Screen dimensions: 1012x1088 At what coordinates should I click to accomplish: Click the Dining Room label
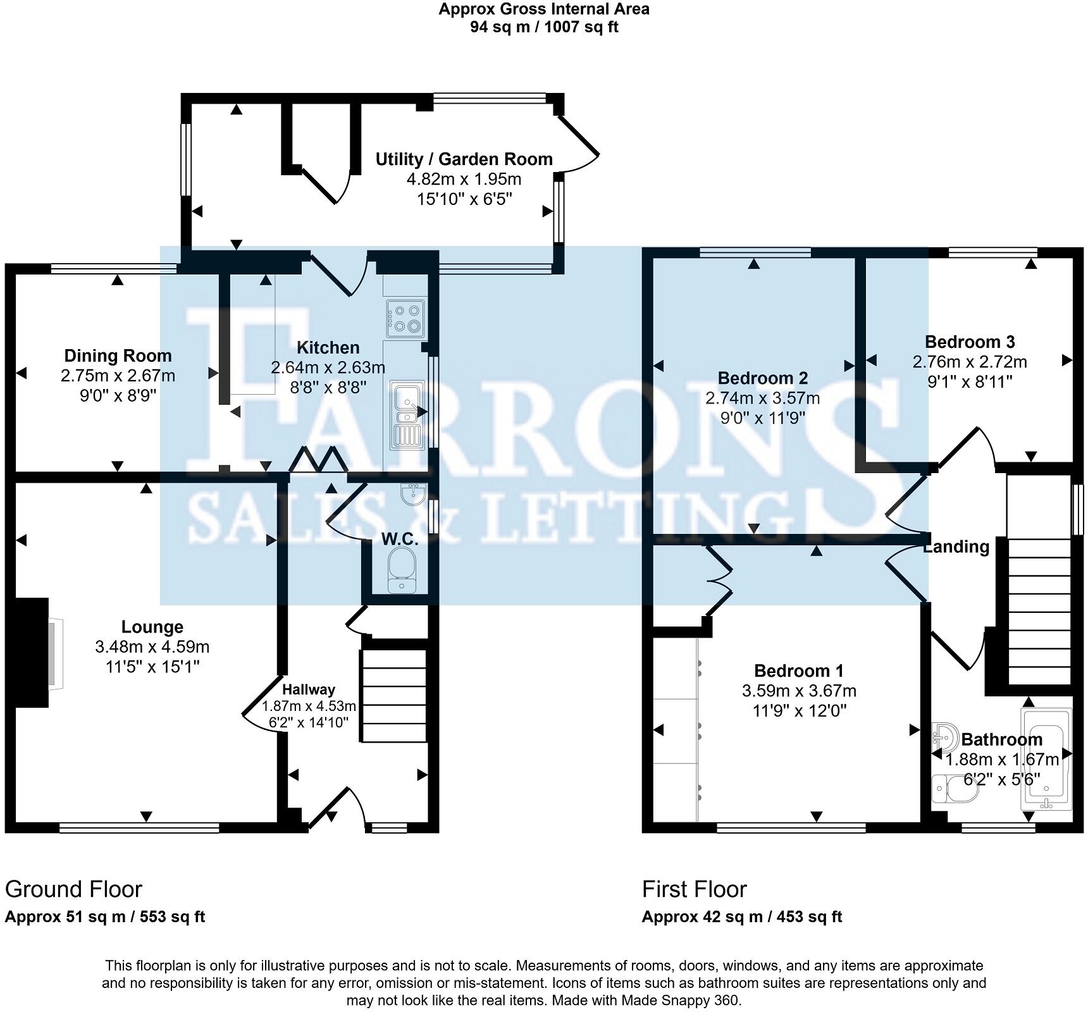coord(118,355)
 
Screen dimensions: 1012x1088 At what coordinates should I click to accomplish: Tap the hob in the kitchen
coord(405,318)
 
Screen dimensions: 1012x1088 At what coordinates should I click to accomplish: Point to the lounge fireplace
coord(32,652)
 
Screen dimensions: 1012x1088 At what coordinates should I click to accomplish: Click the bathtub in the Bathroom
coord(1046,759)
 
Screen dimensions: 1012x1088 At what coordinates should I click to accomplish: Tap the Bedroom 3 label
coord(970,342)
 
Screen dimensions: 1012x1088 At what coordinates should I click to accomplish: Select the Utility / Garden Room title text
coord(464,159)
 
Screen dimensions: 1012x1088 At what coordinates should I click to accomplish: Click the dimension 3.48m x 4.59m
coord(152,647)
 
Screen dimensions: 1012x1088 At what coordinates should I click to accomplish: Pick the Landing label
coord(956,546)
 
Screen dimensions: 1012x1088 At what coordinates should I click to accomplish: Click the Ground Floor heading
coord(73,889)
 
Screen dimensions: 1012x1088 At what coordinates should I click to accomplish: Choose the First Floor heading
coord(694,889)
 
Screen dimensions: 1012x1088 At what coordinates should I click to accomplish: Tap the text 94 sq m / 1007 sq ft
coord(544,27)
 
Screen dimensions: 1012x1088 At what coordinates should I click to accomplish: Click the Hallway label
coord(309,689)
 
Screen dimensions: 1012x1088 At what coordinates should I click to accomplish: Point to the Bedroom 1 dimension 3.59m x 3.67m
coord(799,691)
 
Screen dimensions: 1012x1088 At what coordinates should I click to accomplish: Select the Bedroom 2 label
coord(762,378)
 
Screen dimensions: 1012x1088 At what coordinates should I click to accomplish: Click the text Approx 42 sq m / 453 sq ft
coord(741,916)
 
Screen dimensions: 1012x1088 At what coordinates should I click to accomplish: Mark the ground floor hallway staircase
coord(393,694)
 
